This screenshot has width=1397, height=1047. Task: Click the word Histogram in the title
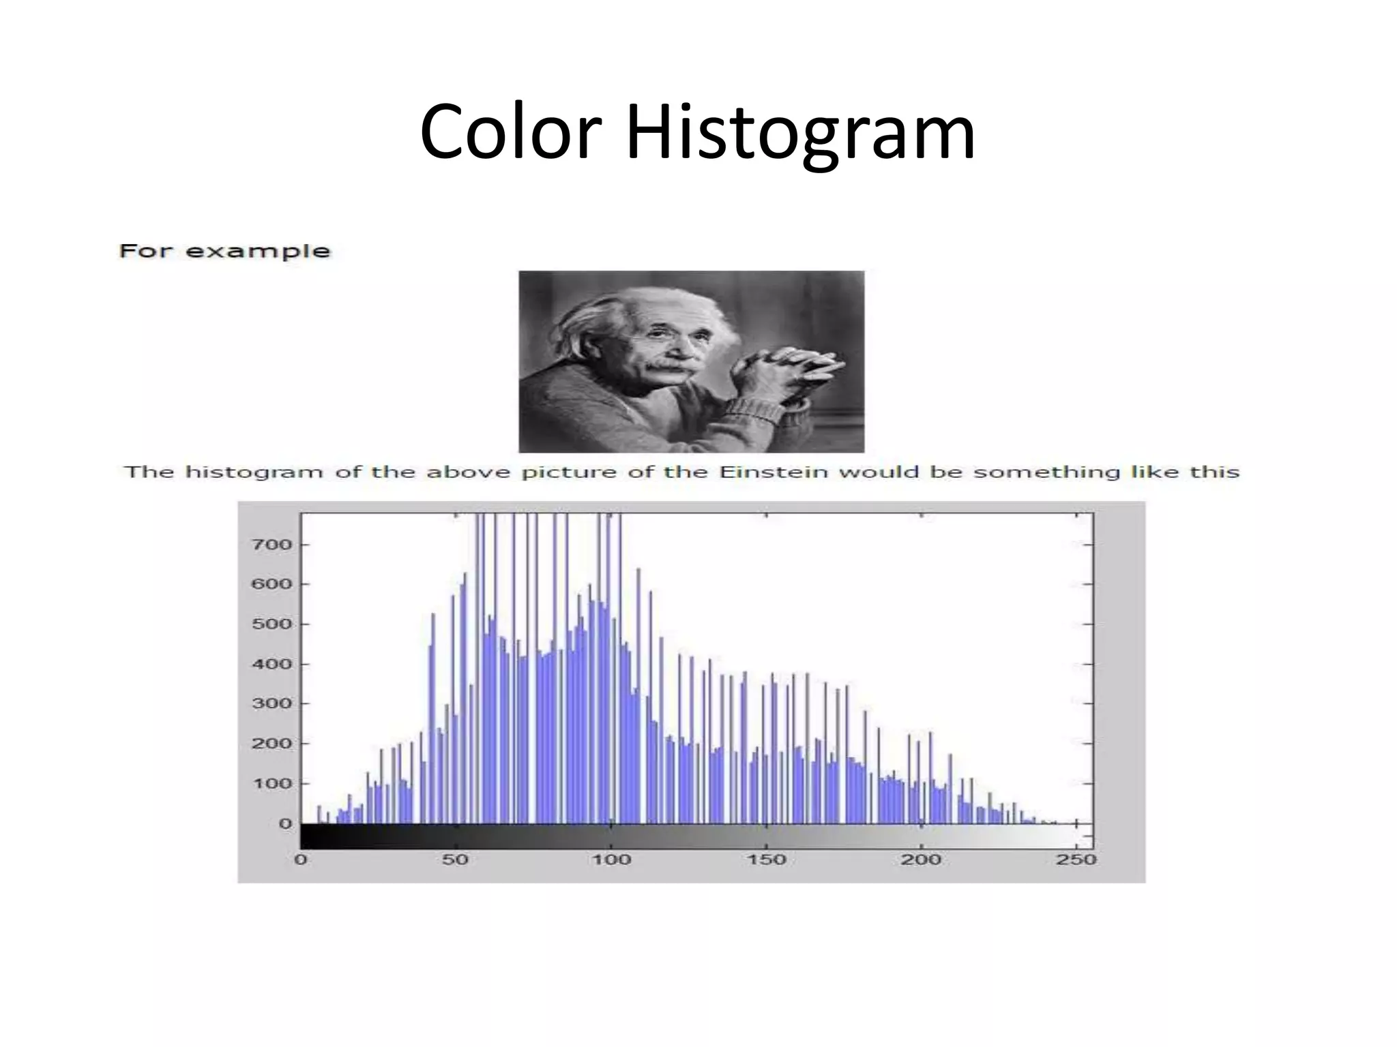coord(799,133)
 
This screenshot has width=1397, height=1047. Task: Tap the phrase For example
coord(224,251)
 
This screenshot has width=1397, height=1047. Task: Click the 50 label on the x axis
coord(455,860)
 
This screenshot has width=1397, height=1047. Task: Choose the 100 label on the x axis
coord(611,860)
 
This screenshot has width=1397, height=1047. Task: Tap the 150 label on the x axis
coord(766,860)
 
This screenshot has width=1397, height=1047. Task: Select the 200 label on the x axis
coord(921,860)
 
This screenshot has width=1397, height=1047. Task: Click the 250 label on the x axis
coord(1076,860)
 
